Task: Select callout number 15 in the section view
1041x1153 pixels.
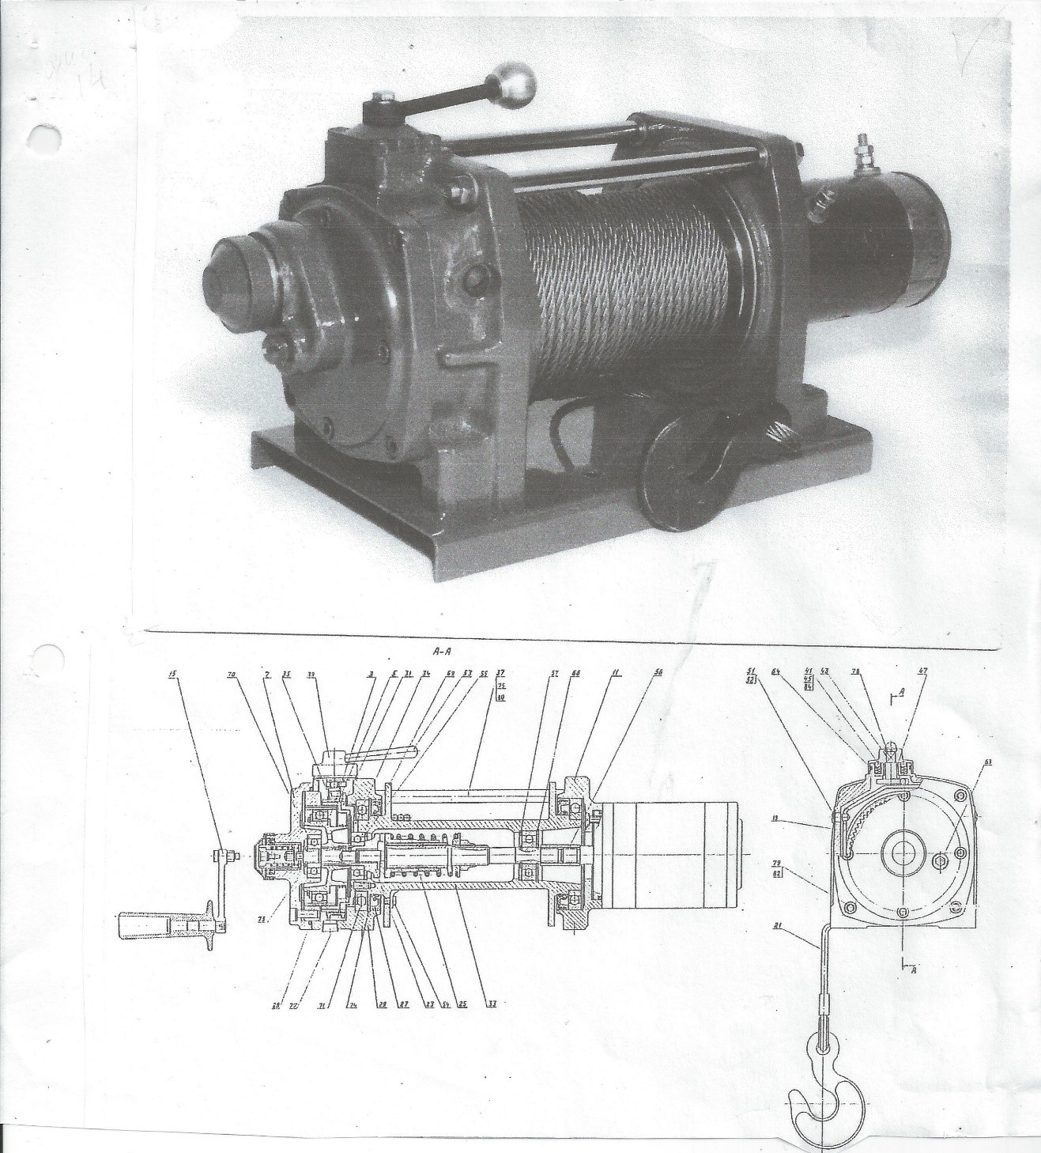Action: click(x=172, y=674)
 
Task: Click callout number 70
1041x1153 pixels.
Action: click(x=231, y=674)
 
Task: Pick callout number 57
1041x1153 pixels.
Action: click(x=554, y=674)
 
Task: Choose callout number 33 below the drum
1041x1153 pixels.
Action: click(x=492, y=1004)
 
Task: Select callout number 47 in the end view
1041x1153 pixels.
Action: click(x=922, y=671)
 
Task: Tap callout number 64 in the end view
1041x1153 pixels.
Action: click(x=776, y=671)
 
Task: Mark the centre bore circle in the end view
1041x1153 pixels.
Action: click(x=902, y=852)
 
